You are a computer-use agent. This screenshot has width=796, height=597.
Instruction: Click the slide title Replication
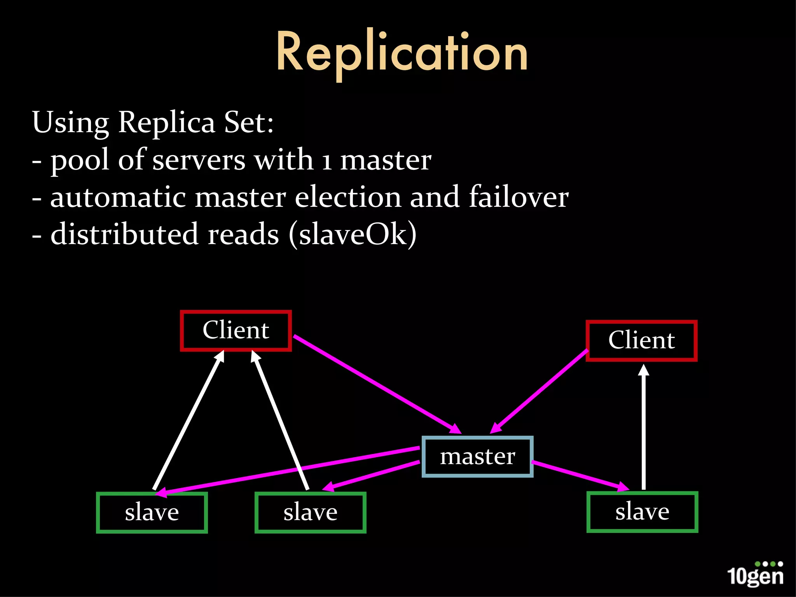(x=402, y=52)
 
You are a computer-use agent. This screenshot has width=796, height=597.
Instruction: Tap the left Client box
(x=236, y=331)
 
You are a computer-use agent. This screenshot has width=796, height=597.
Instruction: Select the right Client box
(x=641, y=341)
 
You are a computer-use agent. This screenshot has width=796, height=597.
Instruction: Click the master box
(x=477, y=457)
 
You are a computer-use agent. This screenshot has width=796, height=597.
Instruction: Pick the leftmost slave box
(x=152, y=512)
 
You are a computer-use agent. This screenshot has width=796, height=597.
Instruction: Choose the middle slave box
(x=310, y=512)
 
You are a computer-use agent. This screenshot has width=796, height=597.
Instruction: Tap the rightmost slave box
(x=642, y=511)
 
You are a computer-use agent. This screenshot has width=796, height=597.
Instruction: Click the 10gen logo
(x=755, y=574)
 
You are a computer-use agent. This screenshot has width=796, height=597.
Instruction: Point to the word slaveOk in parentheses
(x=353, y=234)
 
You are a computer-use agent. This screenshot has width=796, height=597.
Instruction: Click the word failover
(x=518, y=197)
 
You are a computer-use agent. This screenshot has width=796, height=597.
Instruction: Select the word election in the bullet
(x=348, y=197)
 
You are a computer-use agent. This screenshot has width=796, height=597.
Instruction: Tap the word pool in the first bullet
(x=80, y=160)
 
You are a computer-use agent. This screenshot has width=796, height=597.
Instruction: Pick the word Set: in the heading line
(x=249, y=122)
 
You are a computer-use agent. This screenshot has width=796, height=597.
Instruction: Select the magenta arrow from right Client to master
(x=540, y=391)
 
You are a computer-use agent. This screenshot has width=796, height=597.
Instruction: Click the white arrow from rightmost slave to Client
(x=644, y=428)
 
